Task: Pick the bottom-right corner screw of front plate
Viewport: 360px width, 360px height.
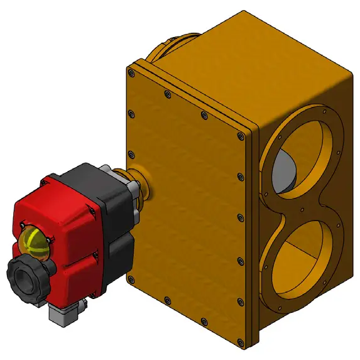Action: (x=239, y=342)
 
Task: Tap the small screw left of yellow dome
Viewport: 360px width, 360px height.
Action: (x=23, y=225)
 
